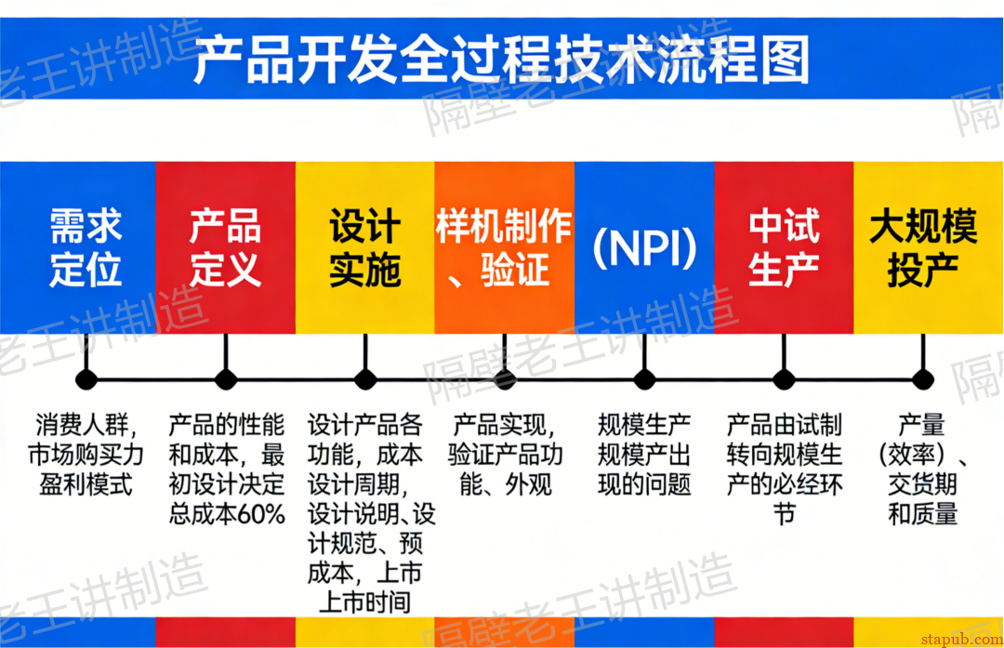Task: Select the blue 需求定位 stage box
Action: click(x=86, y=247)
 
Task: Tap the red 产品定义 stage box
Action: click(x=226, y=247)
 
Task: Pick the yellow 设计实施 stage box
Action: click(x=365, y=247)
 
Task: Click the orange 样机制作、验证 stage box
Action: click(x=504, y=247)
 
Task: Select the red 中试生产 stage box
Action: click(x=784, y=247)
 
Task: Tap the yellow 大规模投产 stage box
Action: click(x=923, y=247)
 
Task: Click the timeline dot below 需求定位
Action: click(x=86, y=379)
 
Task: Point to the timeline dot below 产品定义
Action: click(x=226, y=379)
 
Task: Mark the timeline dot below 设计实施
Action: click(x=365, y=379)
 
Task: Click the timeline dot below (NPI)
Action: click(x=644, y=379)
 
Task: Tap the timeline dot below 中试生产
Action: click(x=784, y=379)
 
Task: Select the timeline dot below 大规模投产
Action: click(x=922, y=379)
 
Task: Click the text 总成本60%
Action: click(x=227, y=514)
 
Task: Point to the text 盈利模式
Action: click(x=86, y=484)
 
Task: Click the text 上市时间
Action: click(x=364, y=602)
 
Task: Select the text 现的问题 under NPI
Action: click(x=644, y=484)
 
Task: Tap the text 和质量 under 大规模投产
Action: click(x=922, y=514)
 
